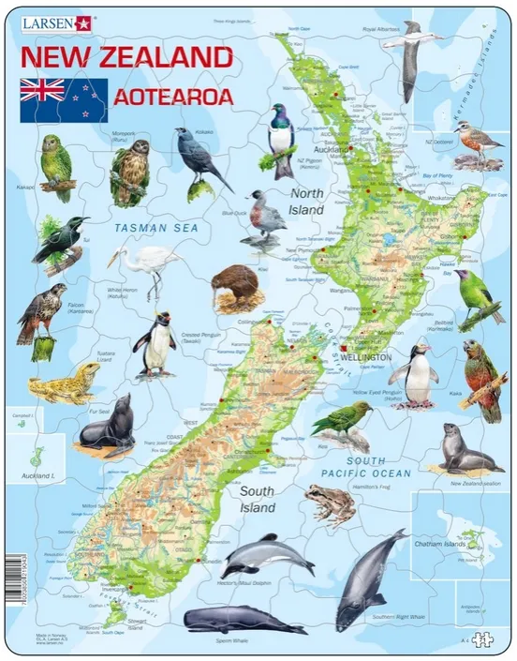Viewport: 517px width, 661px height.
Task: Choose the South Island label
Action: pos(257,500)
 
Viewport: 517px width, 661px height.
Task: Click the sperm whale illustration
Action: pos(232,619)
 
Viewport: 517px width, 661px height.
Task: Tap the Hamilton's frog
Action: pos(332,504)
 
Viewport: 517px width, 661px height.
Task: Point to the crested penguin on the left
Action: pos(155,344)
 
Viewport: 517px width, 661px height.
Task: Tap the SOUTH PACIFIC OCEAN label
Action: pos(364,468)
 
